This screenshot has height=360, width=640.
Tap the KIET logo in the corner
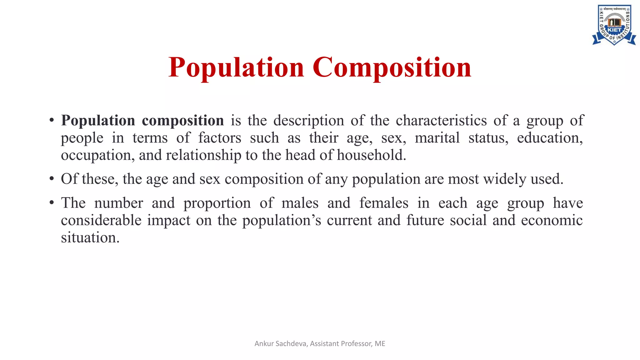click(614, 25)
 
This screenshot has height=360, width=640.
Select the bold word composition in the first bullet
click(183, 121)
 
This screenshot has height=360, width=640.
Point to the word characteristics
click(441, 121)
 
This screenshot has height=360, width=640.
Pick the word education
click(550, 138)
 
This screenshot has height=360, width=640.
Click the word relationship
click(203, 155)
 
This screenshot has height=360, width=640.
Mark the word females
click(384, 203)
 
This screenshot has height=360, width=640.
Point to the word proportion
click(217, 203)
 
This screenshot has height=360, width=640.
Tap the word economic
click(552, 220)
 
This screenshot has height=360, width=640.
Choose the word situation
click(90, 238)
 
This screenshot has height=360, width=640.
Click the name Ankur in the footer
click(264, 344)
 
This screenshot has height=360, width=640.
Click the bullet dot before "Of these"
click(52, 179)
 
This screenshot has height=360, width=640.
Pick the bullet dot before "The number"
click(52, 203)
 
